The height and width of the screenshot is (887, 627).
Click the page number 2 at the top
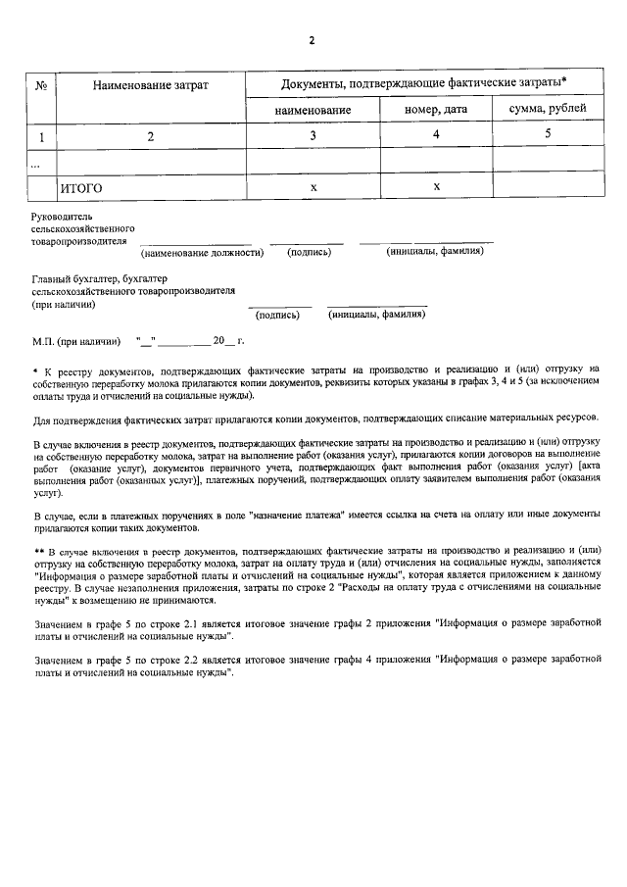pyautogui.click(x=313, y=40)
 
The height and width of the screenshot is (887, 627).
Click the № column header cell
pyautogui.click(x=42, y=86)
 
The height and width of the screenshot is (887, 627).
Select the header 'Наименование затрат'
pyautogui.click(x=151, y=86)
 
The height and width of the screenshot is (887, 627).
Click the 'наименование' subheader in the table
pyautogui.click(x=313, y=110)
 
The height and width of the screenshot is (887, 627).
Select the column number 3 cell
pyautogui.click(x=313, y=135)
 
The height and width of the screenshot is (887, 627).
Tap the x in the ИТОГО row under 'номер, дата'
pyautogui.click(x=436, y=185)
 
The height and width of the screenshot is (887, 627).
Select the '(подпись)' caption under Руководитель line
pyautogui.click(x=309, y=252)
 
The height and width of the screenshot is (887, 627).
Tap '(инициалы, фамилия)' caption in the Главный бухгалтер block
pyautogui.click(x=376, y=315)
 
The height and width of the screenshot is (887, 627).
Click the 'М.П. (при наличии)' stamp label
pyautogui.click(x=76, y=341)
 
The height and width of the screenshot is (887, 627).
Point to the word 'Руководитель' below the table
pyautogui.click(x=62, y=215)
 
